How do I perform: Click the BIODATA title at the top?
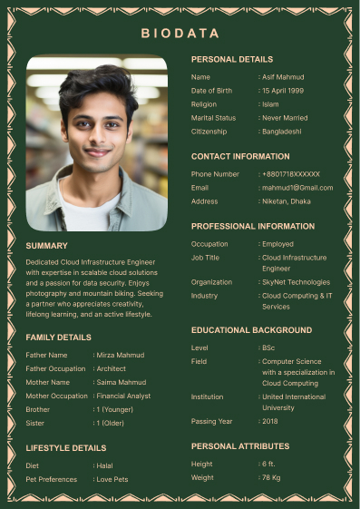click(180, 34)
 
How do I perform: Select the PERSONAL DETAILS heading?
click(231, 59)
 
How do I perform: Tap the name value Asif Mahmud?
click(284, 77)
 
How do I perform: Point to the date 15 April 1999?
click(284, 91)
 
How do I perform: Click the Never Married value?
click(286, 118)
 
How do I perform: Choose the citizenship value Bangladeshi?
click(283, 132)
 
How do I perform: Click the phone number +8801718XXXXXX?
click(292, 173)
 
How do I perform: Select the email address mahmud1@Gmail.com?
click(298, 187)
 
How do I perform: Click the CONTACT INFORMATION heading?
click(240, 156)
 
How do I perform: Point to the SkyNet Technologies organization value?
click(297, 282)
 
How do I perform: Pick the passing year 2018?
click(270, 421)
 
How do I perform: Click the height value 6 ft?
click(269, 464)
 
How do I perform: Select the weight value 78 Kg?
click(271, 477)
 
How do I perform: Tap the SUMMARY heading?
click(46, 246)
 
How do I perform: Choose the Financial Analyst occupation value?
click(124, 396)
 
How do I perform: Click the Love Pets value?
click(112, 479)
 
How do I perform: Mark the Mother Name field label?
click(48, 382)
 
